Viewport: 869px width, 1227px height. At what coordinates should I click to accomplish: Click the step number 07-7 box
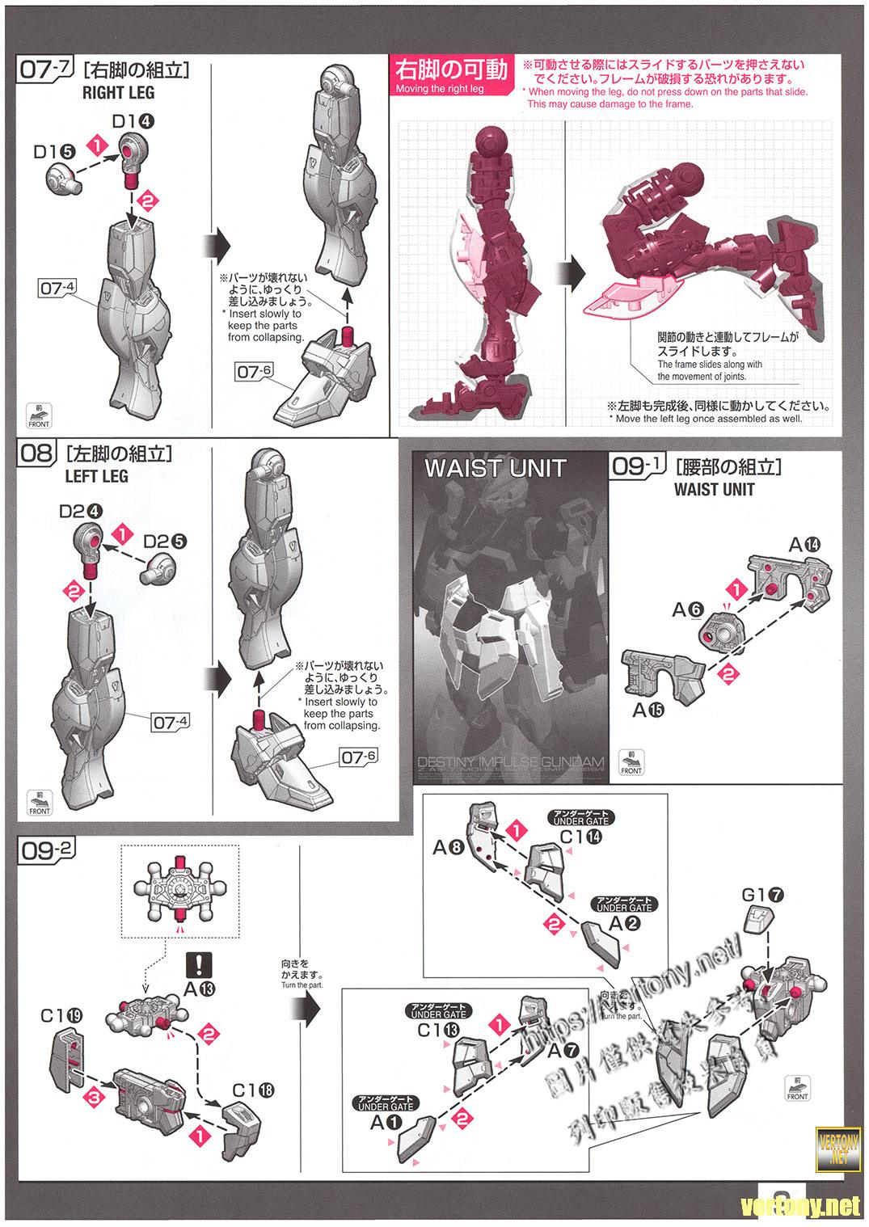45,69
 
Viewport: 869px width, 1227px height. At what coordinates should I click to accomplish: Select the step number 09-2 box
47,850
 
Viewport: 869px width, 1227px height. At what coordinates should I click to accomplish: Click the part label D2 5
164,541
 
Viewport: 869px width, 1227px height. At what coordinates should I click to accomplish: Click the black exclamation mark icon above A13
198,964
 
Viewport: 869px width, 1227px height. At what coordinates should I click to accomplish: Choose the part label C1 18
253,1090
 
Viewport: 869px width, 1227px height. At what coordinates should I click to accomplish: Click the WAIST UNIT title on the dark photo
495,468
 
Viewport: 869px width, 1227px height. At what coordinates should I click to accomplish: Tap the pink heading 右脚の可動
451,70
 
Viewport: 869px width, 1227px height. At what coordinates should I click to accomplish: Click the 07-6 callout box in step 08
359,757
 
